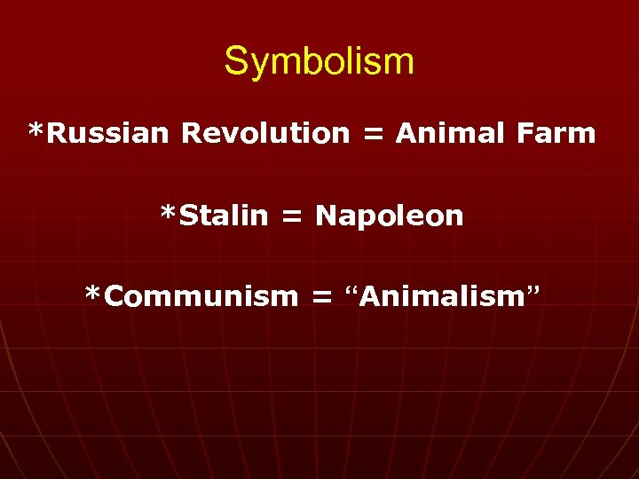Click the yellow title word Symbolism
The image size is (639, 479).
coord(319,62)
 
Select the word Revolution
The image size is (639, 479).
coord(265,134)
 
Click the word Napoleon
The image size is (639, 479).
coord(390,216)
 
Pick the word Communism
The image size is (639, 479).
coord(201,296)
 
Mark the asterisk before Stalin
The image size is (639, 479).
coord(168,214)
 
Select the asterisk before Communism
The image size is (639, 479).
coord(93,294)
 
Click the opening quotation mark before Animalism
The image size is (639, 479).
coord(349,291)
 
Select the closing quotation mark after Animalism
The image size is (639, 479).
coord(532,291)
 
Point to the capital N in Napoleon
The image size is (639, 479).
coord(325,216)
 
